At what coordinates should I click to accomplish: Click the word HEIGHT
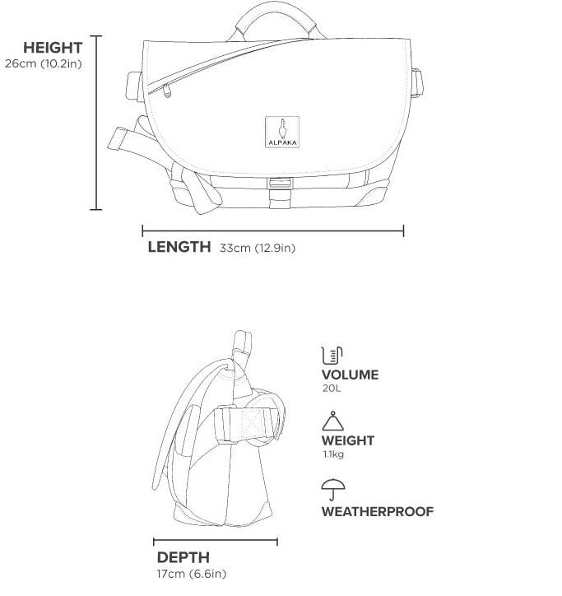click(53, 48)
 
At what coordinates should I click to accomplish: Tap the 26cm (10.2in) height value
click(43, 63)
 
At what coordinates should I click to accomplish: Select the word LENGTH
click(179, 246)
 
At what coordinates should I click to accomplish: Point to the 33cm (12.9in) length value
click(257, 247)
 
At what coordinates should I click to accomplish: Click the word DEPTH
click(183, 557)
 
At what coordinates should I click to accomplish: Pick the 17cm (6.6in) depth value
click(192, 573)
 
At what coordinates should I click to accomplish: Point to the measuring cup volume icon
click(331, 356)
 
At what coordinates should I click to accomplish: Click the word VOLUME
click(350, 375)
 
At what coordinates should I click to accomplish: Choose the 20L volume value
click(331, 388)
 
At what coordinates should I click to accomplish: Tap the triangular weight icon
click(332, 422)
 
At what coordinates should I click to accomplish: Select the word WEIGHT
click(347, 440)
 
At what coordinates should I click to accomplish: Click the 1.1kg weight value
click(332, 454)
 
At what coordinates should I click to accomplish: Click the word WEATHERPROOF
click(377, 511)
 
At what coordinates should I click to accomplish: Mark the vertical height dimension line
click(96, 123)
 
